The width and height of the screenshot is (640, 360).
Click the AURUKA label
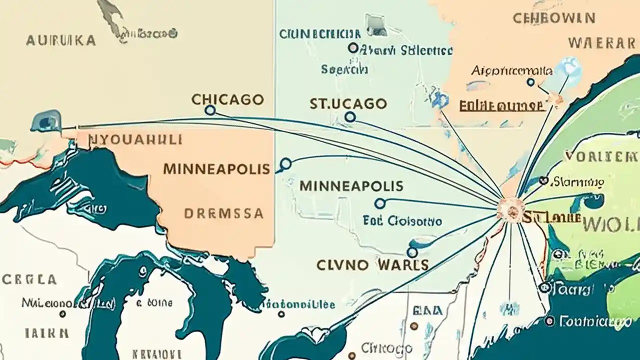pos(60,40)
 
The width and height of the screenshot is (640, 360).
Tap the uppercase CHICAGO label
pos(227,99)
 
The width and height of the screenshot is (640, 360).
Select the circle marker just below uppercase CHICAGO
pos(210,110)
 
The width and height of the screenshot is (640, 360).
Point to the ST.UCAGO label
pos(348,103)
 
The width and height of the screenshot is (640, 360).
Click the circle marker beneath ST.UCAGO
pos(350,117)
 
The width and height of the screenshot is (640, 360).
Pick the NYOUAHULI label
pos(135,139)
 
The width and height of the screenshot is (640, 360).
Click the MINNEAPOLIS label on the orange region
pos(216,168)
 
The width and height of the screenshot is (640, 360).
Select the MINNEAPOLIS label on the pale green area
pos(351,186)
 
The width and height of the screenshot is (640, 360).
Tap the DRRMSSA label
pos(223,213)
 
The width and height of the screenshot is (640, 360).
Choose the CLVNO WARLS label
pos(372,264)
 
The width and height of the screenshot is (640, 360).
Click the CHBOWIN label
pos(554,18)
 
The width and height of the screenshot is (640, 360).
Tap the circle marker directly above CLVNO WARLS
pos(412,252)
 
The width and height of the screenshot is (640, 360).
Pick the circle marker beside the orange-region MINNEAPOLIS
pos(285,163)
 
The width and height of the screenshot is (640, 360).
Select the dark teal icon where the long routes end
pos(46,122)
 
